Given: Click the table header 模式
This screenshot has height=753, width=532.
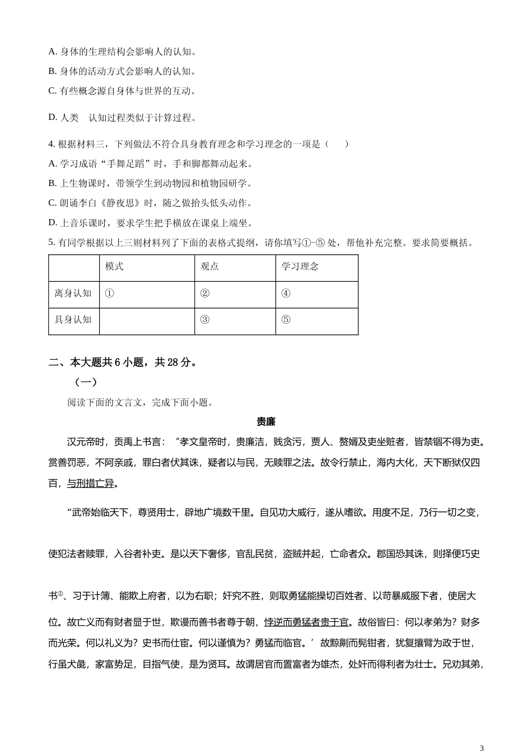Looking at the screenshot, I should click(114, 267).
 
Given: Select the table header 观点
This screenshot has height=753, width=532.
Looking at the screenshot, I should click(209, 267).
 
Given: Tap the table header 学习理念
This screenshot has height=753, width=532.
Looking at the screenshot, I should click(300, 267).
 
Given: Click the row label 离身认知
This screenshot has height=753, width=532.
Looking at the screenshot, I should click(73, 294).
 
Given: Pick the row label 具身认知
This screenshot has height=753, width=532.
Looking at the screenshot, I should click(73, 320).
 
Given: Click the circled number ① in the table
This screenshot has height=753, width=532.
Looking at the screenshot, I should click(109, 294).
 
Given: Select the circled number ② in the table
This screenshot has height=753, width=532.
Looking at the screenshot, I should click(204, 294).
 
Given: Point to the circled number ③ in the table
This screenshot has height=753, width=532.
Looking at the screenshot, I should click(204, 320).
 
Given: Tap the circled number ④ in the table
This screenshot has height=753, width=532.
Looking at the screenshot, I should click(286, 294).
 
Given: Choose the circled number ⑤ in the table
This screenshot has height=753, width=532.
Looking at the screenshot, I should click(286, 320).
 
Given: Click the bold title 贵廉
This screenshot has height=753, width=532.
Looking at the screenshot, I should click(266, 422).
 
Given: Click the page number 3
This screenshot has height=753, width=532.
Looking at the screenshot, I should click(482, 747).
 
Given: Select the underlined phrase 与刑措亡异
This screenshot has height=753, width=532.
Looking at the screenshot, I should click(90, 484).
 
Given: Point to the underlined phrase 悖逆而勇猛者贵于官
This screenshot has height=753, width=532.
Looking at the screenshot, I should click(306, 622).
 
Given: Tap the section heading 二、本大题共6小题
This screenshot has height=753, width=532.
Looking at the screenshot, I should click(122, 362).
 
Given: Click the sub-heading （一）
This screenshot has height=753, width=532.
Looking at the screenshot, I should click(86, 382).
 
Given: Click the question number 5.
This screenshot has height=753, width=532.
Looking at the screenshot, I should click(52, 243).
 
